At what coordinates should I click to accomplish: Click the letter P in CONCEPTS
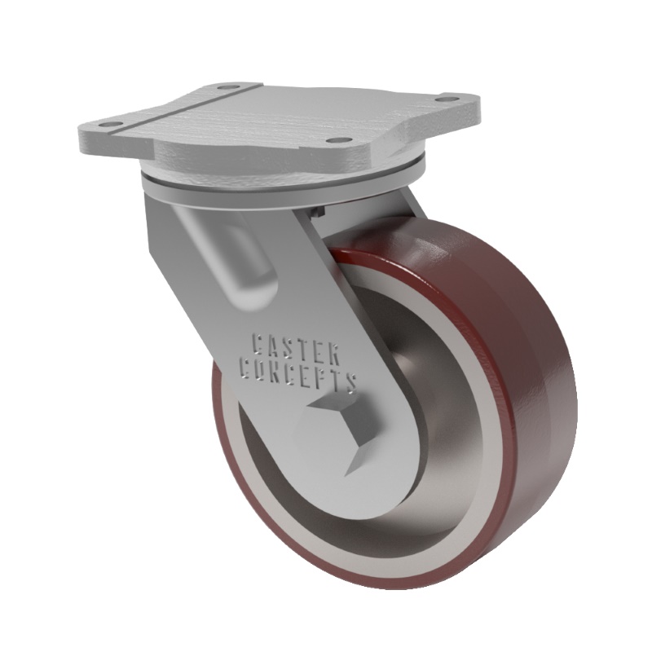coord(322,380)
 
